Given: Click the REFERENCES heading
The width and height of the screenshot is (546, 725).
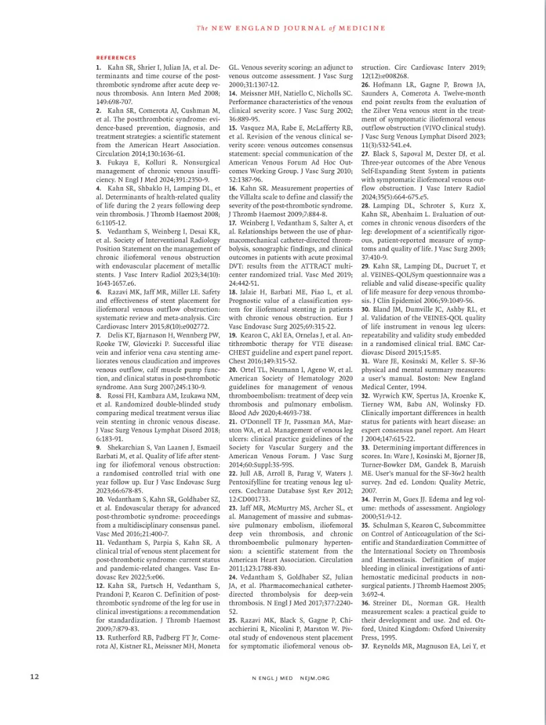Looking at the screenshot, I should coord(116,58).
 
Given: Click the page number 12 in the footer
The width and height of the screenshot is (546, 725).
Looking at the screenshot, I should coord(35,677).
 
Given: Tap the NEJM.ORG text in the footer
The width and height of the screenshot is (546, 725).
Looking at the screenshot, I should coord(316,678).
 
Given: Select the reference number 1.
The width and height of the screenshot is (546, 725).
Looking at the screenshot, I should coord(98,68).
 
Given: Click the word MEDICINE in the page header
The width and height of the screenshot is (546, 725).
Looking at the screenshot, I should coord(360,28).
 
